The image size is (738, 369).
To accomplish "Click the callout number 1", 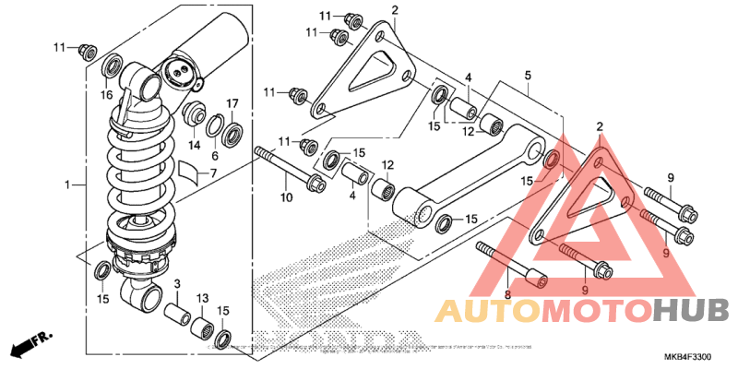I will point(68,185).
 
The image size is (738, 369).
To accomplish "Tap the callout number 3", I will point(177,283).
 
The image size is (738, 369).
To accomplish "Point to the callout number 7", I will point(212,173).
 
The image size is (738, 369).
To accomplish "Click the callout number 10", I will point(286,196).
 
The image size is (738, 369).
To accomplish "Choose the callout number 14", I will point(195,145).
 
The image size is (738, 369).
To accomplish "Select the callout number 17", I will point(233,102).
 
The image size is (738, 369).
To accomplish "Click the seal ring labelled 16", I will point(111,67).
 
